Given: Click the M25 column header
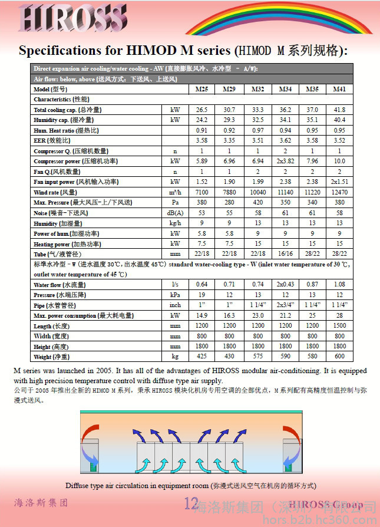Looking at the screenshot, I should tap(202, 89).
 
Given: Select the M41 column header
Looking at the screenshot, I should tap(339, 89).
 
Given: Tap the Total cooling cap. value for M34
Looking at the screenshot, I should tap(285, 110).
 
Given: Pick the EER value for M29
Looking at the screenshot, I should tap(229, 140).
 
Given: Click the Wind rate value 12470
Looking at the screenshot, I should tap(339, 192).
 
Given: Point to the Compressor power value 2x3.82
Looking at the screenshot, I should tap(285, 161).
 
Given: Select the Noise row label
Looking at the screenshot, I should tap(61, 213).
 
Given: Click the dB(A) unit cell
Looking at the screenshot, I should tap(175, 213).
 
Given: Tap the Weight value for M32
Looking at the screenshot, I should tap(257, 357).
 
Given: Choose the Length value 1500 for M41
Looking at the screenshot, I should tap(339, 325).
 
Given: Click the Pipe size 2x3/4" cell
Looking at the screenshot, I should tap(285, 305).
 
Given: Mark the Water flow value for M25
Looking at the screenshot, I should tap(202, 285).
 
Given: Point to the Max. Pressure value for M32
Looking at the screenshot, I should tap(257, 202).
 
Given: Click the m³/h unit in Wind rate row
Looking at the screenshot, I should tap(175, 192).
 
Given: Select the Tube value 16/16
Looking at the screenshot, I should tap(285, 253).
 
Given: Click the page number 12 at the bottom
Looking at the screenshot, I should tap(191, 503).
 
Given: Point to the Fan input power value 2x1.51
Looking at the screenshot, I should tap(339, 182).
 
